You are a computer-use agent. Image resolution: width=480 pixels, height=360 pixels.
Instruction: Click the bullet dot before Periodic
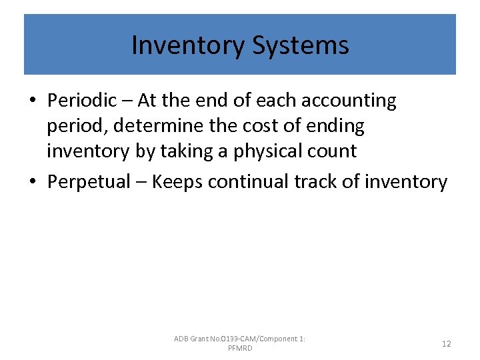[x=32, y=101]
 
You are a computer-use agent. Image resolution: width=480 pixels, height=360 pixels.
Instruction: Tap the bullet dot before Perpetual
[x=32, y=182]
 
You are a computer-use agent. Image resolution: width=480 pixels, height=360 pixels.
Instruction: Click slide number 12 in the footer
[x=446, y=344]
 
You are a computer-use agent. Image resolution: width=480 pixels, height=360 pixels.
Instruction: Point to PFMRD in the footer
[x=240, y=349]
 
